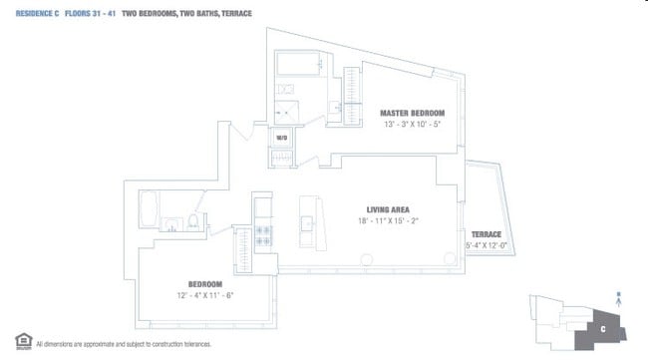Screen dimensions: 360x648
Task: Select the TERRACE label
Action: [x=486, y=233]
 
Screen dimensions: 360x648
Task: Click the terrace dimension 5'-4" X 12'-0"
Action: [x=486, y=244]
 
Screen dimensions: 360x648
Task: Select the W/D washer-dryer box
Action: [x=281, y=138]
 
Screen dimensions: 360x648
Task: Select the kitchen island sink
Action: [x=307, y=220]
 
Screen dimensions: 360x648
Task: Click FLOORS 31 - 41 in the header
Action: [x=95, y=14]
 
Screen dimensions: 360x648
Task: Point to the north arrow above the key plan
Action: [x=621, y=295]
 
